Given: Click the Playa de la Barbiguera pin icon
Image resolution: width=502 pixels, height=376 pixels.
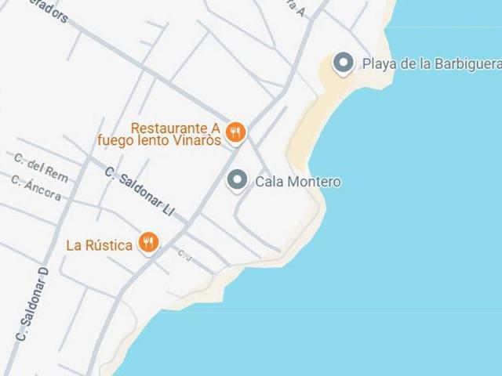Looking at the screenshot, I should point(343,63).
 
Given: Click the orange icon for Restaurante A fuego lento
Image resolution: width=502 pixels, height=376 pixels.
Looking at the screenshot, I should point(235,132).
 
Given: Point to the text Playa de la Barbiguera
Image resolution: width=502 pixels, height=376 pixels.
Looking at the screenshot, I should point(431,64).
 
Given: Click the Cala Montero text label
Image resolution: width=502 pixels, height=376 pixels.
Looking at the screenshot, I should point(298,182).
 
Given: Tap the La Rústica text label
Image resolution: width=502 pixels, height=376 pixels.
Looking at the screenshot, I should point(99,245).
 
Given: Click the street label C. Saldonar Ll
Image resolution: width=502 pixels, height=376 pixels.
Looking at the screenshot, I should point(138,191).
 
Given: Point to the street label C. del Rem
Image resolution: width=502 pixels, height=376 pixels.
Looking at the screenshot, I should point(41,167).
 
